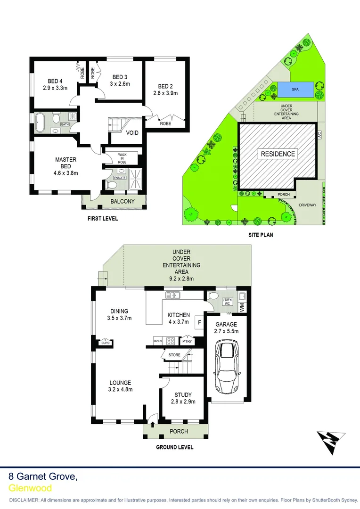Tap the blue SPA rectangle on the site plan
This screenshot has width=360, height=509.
point(295,89)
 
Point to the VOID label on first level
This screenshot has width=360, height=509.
point(132,133)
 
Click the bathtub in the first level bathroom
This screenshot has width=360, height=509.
point(40,122)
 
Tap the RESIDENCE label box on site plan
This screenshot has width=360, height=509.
point(278,154)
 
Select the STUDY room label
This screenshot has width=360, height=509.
point(183,395)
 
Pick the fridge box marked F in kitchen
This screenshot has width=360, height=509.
point(199,322)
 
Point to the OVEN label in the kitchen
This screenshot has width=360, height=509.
point(157,340)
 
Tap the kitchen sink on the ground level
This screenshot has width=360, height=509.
point(173,296)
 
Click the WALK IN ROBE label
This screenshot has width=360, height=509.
point(122,158)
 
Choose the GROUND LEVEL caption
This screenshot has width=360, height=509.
point(174,447)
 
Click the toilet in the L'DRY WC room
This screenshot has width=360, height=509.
point(213,296)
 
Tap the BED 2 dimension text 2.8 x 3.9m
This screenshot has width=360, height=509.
point(164,93)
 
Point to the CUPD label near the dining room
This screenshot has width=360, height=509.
point(106,343)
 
